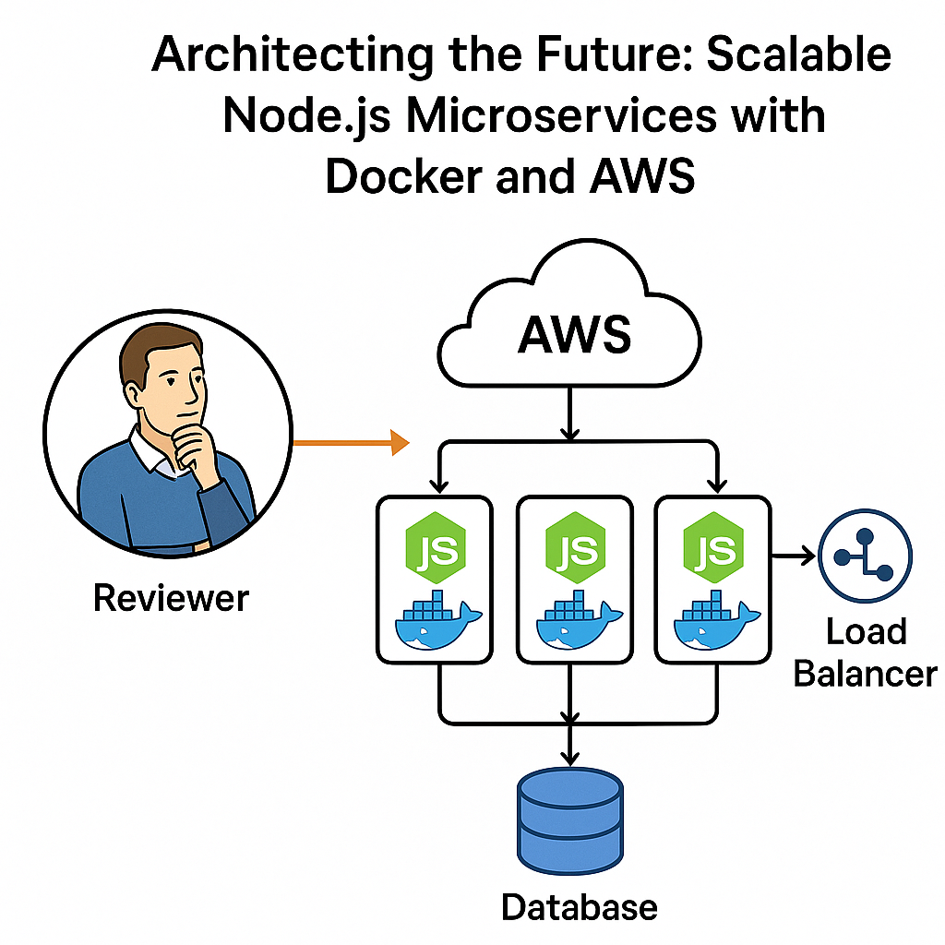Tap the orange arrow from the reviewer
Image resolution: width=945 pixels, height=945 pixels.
point(351,443)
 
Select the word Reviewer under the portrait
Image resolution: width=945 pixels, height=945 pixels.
point(172,598)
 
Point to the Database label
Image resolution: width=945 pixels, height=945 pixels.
point(579,906)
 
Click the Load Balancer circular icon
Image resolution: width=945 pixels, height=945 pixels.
point(865,556)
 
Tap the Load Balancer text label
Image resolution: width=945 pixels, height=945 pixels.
point(865,652)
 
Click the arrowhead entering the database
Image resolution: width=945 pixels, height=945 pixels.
point(571,759)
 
